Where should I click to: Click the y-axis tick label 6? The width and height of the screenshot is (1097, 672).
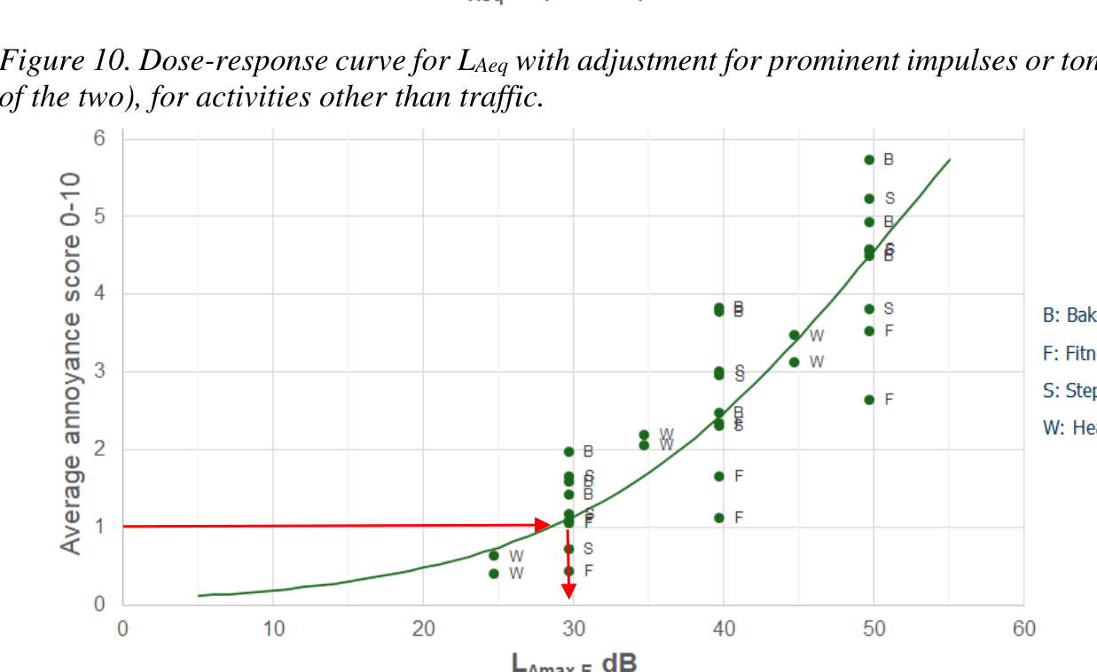(x=99, y=138)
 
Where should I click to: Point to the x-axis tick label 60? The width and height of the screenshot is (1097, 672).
(x=1023, y=629)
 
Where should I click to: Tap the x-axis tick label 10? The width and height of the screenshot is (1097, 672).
(x=273, y=629)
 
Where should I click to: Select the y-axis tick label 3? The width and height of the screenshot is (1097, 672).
(x=99, y=371)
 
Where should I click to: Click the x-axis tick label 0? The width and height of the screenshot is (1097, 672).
(x=122, y=629)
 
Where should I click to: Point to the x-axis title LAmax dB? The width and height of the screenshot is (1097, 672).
(x=573, y=661)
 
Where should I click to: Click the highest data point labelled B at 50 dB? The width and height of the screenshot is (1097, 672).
(x=869, y=160)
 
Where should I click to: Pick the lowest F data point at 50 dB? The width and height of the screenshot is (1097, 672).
(x=869, y=400)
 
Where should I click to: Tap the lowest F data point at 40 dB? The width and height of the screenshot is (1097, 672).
(x=719, y=518)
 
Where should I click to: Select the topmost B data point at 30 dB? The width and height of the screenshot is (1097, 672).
(x=568, y=451)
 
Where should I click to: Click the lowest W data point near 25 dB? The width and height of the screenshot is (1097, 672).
(x=494, y=574)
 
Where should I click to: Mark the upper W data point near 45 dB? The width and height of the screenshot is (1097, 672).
(x=794, y=335)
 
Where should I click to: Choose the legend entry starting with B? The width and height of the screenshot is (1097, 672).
(x=1070, y=316)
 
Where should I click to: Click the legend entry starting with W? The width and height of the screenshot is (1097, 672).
(x=1070, y=428)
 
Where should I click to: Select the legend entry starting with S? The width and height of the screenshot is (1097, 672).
(x=1070, y=391)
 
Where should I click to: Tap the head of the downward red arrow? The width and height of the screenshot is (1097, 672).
(x=568, y=590)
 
